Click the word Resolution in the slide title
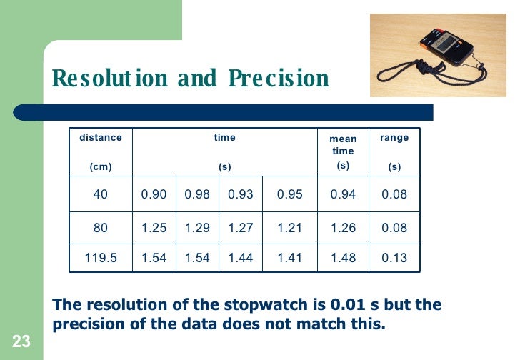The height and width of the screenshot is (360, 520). click(108, 79)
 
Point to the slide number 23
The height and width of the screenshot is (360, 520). click(21, 342)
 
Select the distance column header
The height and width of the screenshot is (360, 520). click(101, 137)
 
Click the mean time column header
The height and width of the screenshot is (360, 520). click(343, 145)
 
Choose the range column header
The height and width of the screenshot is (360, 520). click(394, 137)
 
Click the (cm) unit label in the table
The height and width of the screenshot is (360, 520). click(101, 167)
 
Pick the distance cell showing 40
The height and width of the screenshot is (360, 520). click(101, 194)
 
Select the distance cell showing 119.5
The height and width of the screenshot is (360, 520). click(101, 258)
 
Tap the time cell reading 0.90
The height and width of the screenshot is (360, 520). click(154, 194)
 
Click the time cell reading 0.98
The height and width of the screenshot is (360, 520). click(197, 194)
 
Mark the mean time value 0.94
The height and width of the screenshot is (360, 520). click(343, 194)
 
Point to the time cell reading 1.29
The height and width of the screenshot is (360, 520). click(197, 228)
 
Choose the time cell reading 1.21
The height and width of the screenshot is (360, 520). click(289, 228)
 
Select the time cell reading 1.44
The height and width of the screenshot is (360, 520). click(241, 258)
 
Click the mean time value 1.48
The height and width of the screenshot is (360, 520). click(343, 258)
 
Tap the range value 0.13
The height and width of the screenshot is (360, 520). click(394, 258)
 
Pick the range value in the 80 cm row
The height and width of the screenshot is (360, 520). click(394, 228)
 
